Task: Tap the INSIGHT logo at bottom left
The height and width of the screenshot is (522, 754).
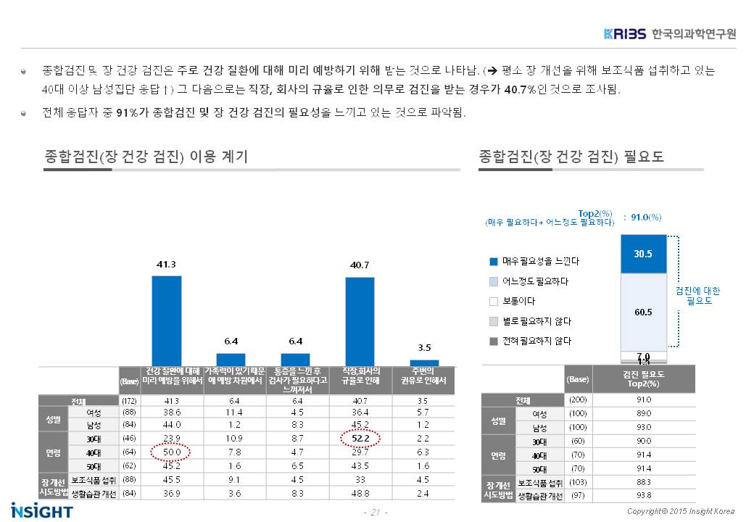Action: pyautogui.click(x=41, y=510)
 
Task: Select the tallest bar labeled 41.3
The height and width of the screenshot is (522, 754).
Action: pyautogui.click(x=166, y=320)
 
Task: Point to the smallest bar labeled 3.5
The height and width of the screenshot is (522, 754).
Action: pyautogui.click(x=424, y=362)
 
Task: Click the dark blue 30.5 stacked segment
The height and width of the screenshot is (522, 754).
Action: pyautogui.click(x=643, y=254)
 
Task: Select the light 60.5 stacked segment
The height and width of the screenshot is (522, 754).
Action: pyautogui.click(x=643, y=312)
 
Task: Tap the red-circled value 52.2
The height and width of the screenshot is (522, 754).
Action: pyautogui.click(x=360, y=439)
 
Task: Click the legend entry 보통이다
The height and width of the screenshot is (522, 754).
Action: pyautogui.click(x=513, y=301)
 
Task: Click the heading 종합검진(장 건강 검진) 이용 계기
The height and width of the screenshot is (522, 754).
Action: pyautogui.click(x=146, y=157)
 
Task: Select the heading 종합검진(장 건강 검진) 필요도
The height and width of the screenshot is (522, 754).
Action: pyautogui.click(x=571, y=157)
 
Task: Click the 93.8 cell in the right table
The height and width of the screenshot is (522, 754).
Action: pyautogui.click(x=643, y=495)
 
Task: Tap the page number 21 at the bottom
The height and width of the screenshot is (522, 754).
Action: pyautogui.click(x=375, y=513)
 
